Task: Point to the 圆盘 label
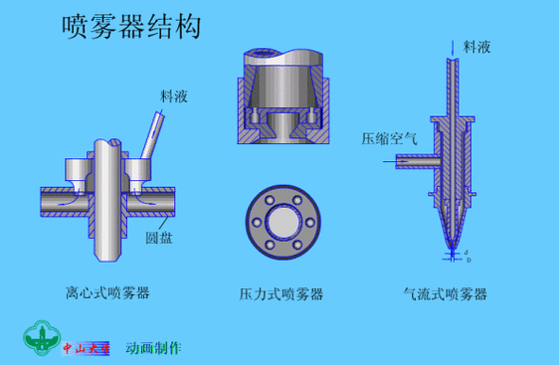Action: click(160, 239)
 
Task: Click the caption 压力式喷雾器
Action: click(281, 293)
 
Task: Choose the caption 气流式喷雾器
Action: click(445, 293)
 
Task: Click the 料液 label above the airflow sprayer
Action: click(476, 46)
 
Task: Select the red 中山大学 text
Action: click(87, 348)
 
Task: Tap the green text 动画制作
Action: click(153, 348)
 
